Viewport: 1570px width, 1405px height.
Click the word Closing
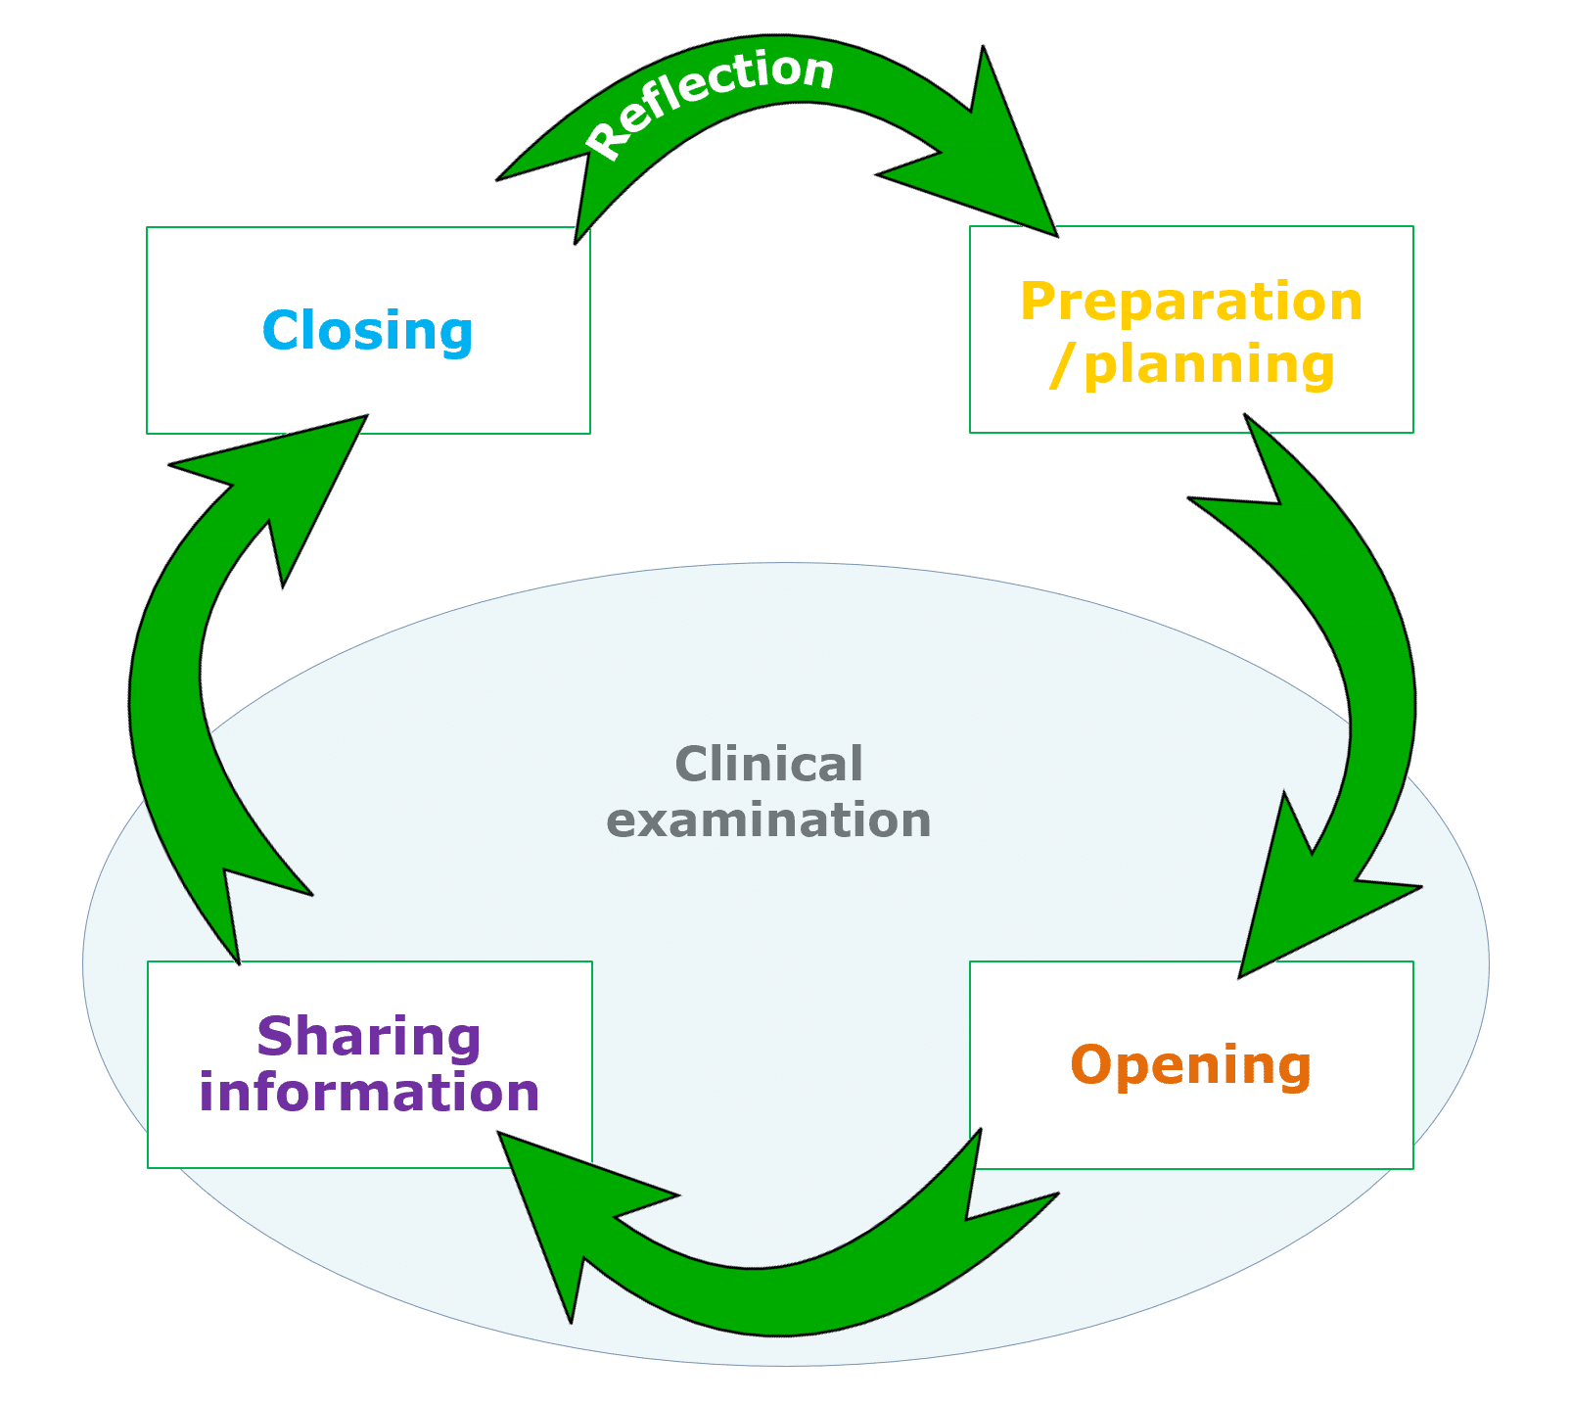(x=367, y=331)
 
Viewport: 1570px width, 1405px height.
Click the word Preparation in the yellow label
(x=1191, y=302)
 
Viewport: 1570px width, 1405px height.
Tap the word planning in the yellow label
(x=1210, y=364)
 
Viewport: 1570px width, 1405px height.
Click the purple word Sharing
(x=368, y=1036)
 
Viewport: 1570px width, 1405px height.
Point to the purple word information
(x=369, y=1093)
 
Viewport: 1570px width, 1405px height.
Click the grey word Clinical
(x=768, y=764)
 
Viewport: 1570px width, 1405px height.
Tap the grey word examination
(x=768, y=820)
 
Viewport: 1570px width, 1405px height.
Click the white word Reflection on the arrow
(x=711, y=98)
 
